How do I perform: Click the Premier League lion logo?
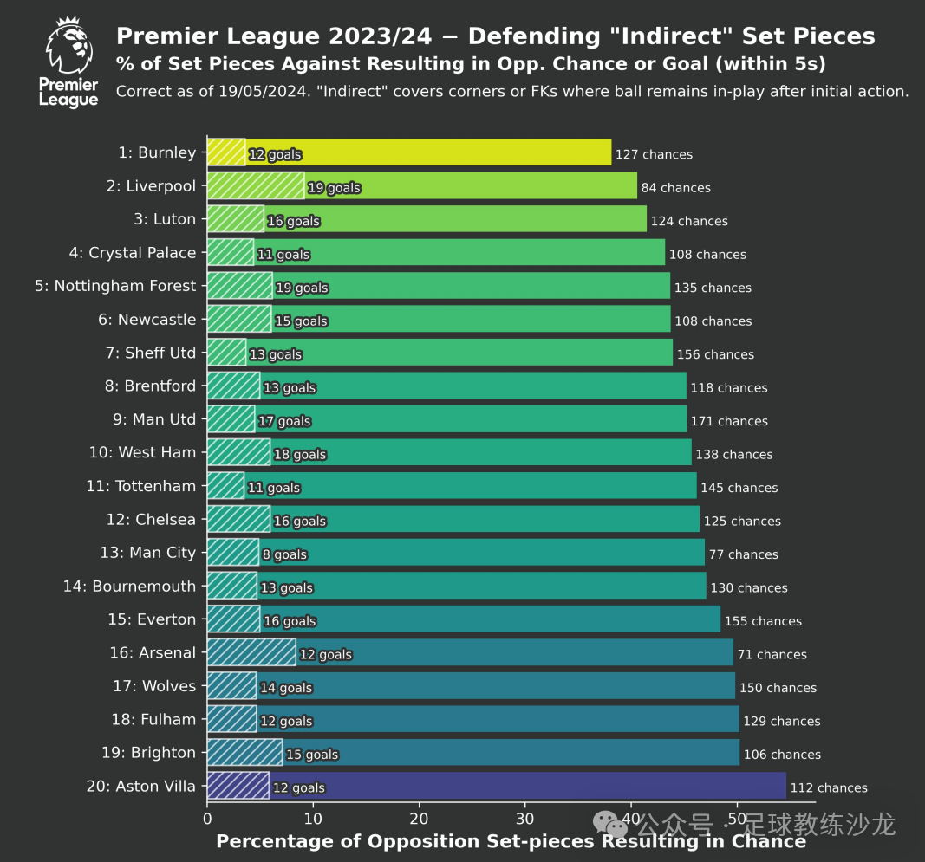point(68,62)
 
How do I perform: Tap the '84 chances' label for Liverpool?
point(675,188)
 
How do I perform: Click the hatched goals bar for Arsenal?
point(251,652)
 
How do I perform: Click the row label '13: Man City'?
point(147,553)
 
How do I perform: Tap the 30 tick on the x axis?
point(525,819)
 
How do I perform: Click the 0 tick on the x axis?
point(207,819)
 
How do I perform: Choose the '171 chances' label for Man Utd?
point(729,421)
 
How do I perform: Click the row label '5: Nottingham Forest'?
point(115,286)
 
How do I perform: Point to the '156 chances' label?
point(715,354)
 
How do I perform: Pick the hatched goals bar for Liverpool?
point(256,186)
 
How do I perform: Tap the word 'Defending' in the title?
point(530,36)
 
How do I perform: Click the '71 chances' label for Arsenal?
point(772,655)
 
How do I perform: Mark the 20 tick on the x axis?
point(420,819)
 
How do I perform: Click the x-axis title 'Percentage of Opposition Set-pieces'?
point(407,842)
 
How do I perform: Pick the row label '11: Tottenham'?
point(141,486)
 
